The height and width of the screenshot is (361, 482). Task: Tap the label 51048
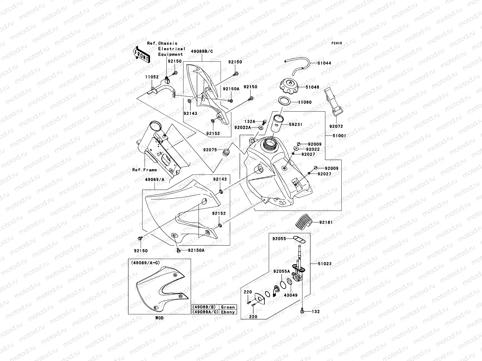point(312,87)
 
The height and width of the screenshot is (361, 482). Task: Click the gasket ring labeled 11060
point(283,101)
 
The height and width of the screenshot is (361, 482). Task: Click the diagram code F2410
point(337,43)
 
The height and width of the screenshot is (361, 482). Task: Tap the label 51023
point(324,264)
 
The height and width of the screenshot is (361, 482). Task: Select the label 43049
point(290,295)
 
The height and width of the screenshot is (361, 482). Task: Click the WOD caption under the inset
point(160,318)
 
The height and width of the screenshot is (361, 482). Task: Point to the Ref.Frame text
point(145,170)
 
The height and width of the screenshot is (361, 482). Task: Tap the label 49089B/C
point(202,51)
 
